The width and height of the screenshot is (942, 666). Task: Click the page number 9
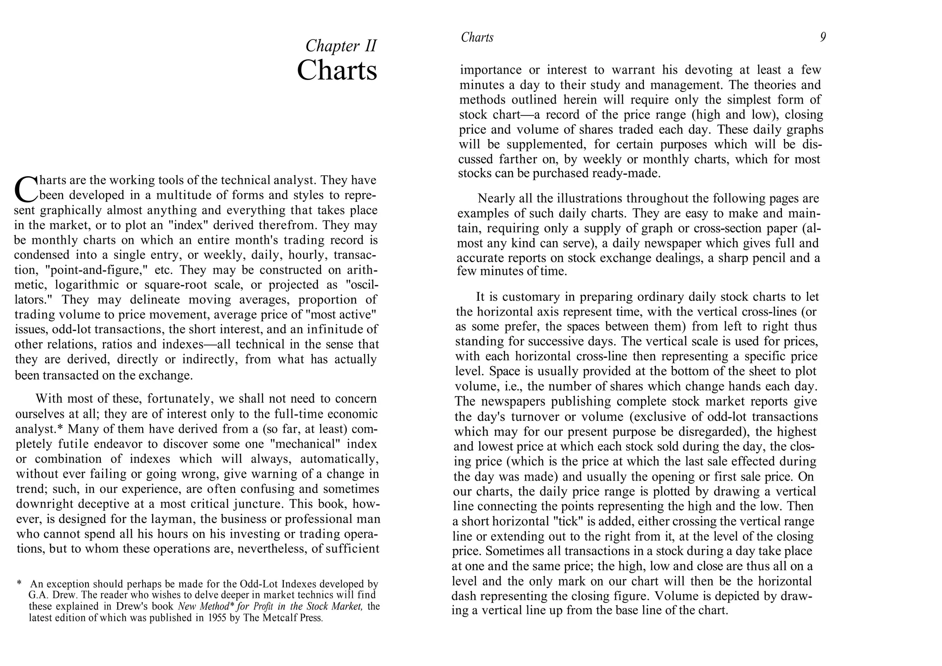click(x=823, y=37)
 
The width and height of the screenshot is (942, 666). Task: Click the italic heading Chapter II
click(x=341, y=46)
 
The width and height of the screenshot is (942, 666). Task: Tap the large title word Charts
click(x=337, y=71)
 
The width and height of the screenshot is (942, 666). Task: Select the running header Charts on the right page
click(x=477, y=37)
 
